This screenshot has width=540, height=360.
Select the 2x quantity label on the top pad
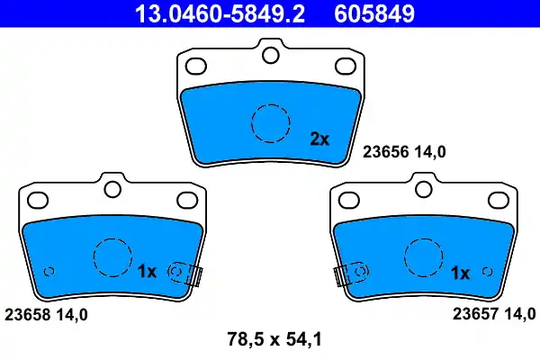[x=319, y=139]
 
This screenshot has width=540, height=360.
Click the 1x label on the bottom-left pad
[x=148, y=271]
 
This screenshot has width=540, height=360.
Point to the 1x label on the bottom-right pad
[x=459, y=272]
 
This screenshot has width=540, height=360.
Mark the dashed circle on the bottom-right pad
[x=424, y=258]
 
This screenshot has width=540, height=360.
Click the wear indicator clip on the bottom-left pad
[x=187, y=274]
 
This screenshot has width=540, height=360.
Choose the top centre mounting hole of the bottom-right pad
[x=424, y=190]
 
